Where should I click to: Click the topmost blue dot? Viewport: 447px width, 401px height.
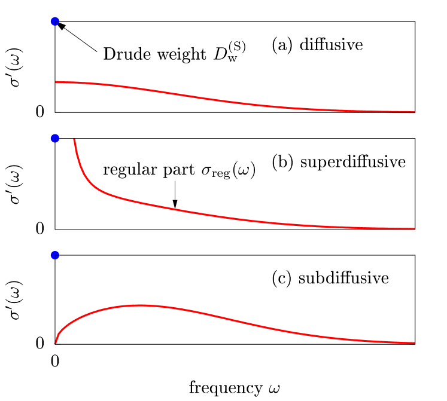pos(55,22)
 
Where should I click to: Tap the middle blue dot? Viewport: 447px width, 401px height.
pos(55,139)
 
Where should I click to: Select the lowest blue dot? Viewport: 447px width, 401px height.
pos(55,255)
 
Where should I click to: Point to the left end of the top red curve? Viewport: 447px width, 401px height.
pos(56,82)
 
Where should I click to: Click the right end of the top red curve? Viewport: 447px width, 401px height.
pos(414,112)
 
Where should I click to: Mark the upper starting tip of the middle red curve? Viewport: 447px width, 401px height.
pos(74,140)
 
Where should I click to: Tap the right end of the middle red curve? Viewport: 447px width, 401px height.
pos(414,228)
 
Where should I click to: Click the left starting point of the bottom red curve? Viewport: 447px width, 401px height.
pos(56,343)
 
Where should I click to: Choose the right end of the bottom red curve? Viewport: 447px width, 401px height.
pos(414,342)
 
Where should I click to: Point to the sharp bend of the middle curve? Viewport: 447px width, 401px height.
pos(96,188)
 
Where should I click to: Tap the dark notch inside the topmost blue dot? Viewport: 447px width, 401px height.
pos(54,22)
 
